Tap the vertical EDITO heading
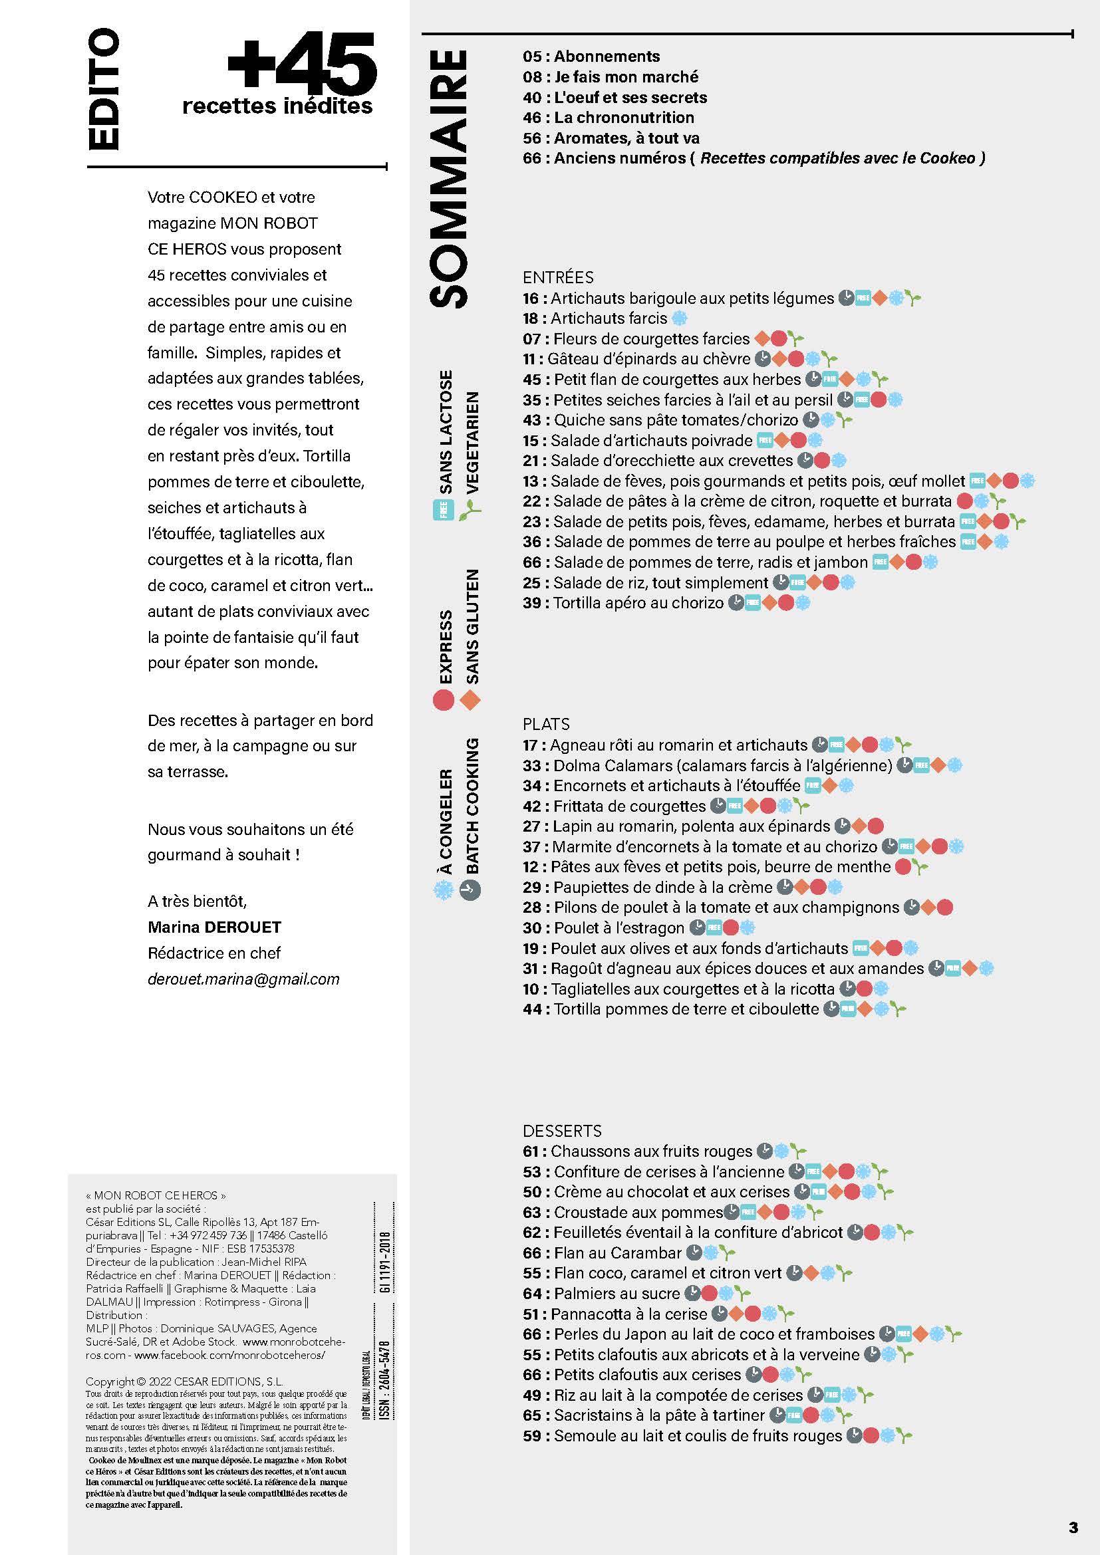pyautogui.click(x=104, y=89)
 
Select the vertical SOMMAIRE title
pyautogui.click(x=448, y=179)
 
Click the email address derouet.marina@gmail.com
pyautogui.click(x=243, y=979)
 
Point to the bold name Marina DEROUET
pyautogui.click(x=214, y=927)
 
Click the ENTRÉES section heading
pyautogui.click(x=557, y=277)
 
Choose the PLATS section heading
pyautogui.click(x=546, y=724)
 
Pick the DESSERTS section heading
pyautogui.click(x=561, y=1130)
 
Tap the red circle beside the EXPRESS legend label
pyautogui.click(x=443, y=699)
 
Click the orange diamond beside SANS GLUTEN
pyautogui.click(x=470, y=700)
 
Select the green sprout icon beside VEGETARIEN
pyautogui.click(x=470, y=510)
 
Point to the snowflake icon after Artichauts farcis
pyautogui.click(x=679, y=318)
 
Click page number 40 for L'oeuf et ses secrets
pyautogui.click(x=532, y=98)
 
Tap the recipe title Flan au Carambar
pyautogui.click(x=617, y=1253)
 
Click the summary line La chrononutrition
pyautogui.click(x=624, y=118)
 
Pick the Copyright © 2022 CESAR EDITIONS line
pyautogui.click(x=184, y=1381)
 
